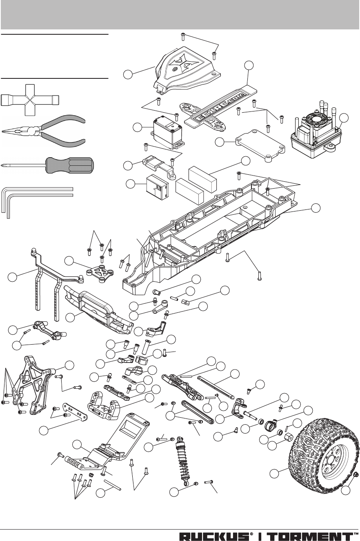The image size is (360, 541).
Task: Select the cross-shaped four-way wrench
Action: (30, 100)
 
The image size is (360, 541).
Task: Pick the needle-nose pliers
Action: (43, 131)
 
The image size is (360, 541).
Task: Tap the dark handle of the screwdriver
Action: (69, 165)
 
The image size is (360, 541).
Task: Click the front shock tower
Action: (33, 386)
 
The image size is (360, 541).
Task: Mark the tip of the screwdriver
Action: (3, 166)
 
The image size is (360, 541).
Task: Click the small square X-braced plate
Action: (100, 272)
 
